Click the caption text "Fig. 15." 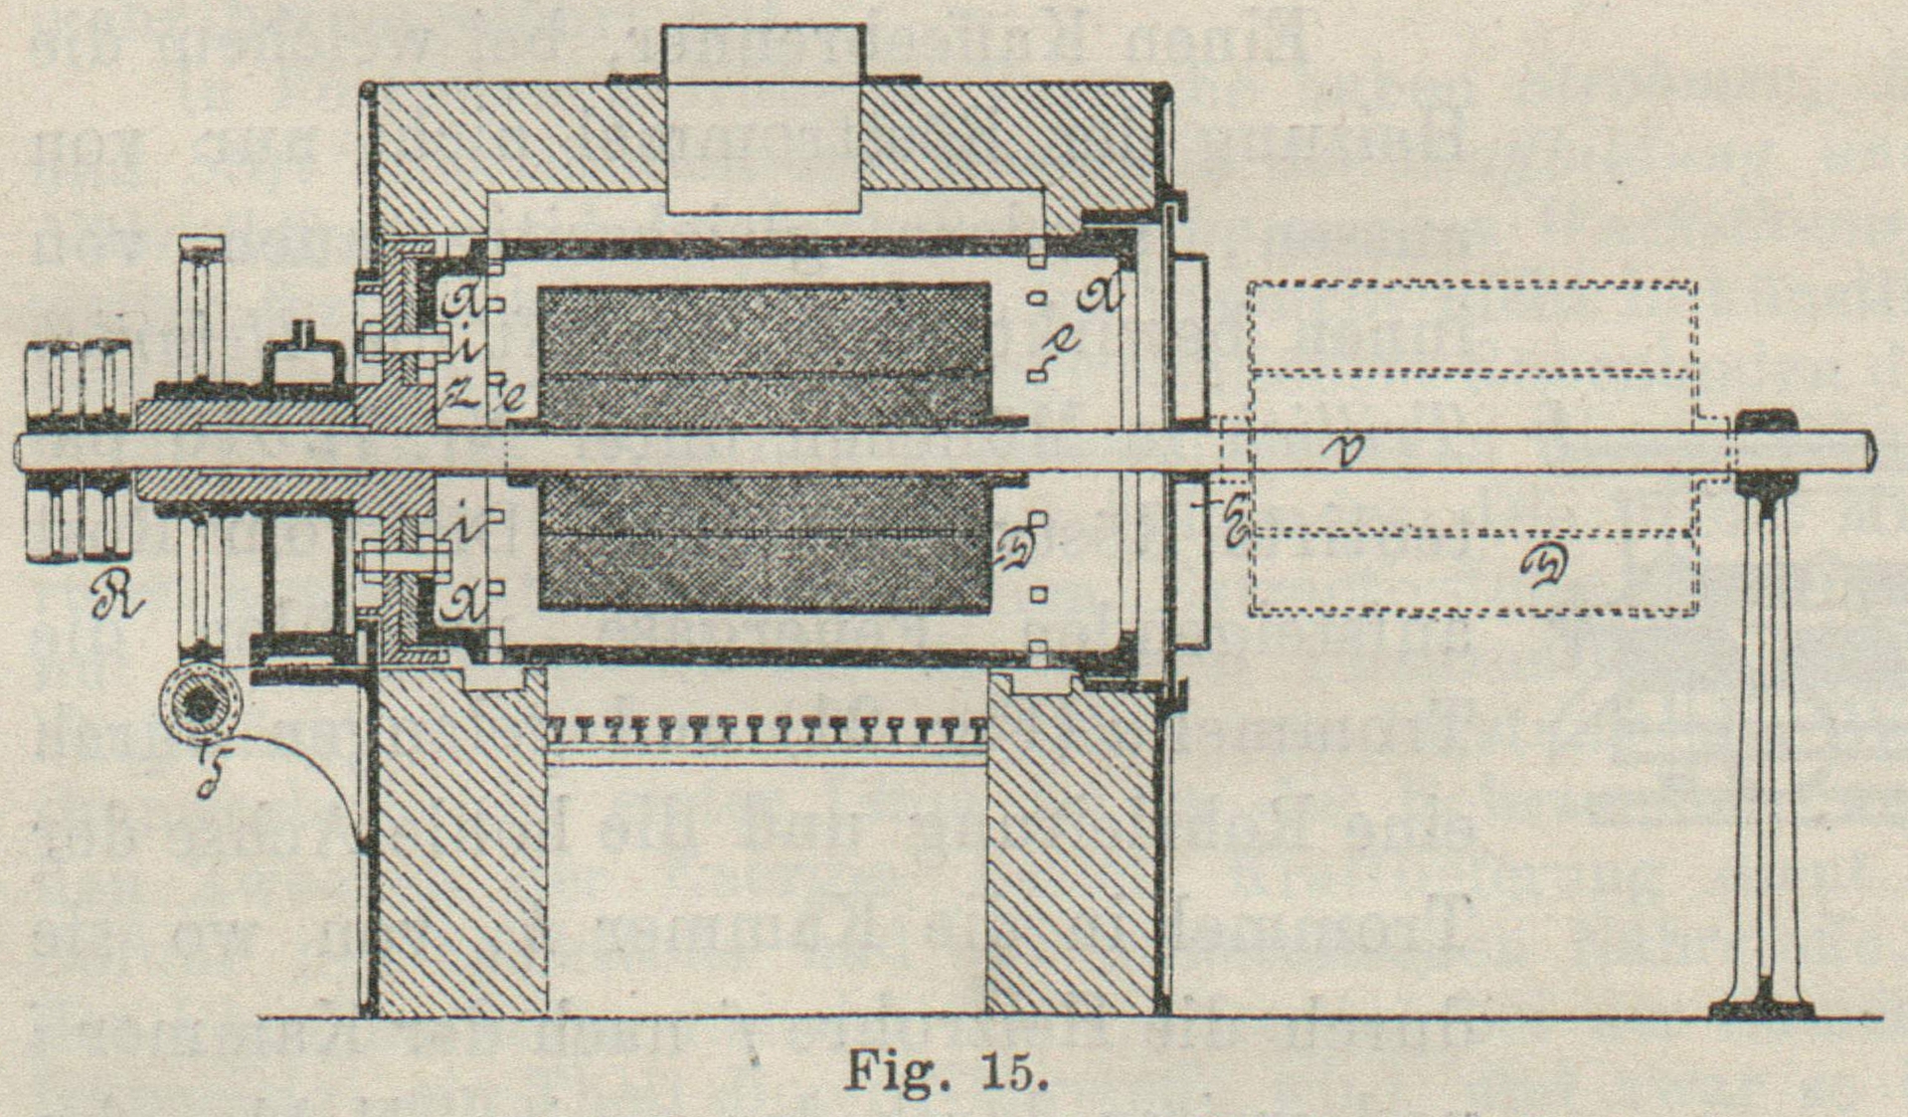[946, 1073]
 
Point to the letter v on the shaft [1348, 452]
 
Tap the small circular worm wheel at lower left [203, 702]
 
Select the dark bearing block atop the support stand [1765, 453]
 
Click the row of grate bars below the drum [766, 730]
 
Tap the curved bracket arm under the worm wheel [318, 776]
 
